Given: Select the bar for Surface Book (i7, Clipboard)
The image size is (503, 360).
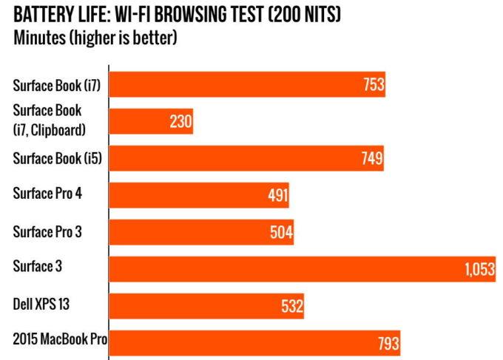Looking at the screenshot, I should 152,120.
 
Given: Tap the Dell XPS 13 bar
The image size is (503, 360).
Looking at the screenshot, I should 207,305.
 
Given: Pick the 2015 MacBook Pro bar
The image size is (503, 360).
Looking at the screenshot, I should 255,342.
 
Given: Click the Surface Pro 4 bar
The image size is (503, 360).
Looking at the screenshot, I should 200,195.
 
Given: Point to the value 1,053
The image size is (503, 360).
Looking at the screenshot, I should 479,269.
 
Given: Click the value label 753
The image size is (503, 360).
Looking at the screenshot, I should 374,84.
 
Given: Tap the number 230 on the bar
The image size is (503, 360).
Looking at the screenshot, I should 180,121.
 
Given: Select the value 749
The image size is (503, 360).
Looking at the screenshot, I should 371,158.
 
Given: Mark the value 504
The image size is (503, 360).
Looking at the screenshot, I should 282,232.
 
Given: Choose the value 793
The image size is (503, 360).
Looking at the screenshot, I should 388,343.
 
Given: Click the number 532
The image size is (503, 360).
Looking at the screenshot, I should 291,306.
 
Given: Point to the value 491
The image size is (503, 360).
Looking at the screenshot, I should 277,195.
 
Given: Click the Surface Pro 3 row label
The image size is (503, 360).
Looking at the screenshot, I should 48,231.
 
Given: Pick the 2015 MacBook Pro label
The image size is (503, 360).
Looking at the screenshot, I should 60,341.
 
